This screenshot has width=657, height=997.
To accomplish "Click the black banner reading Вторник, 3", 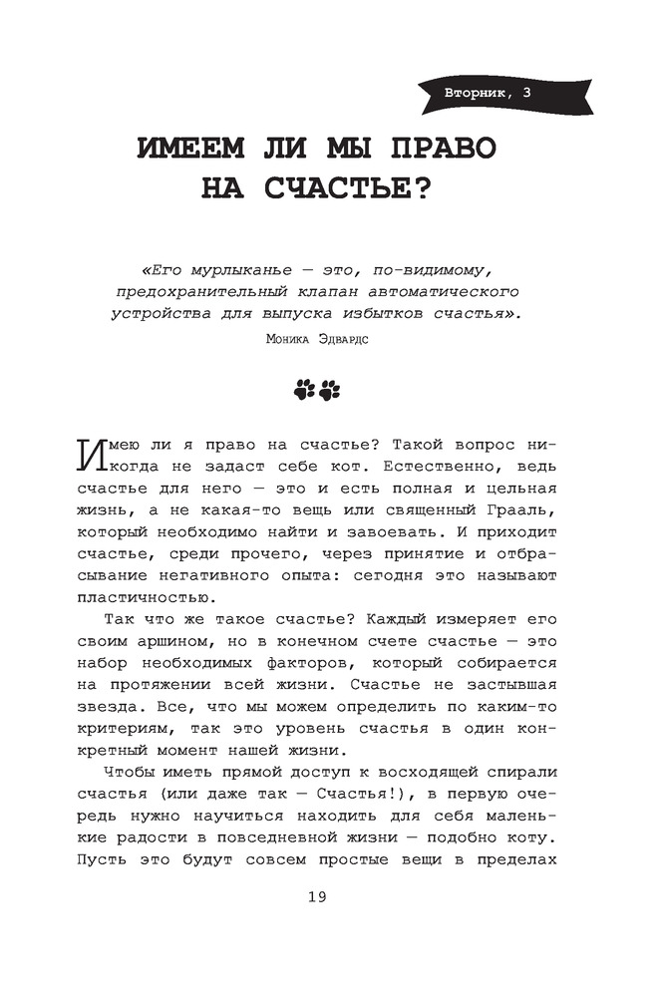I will pyautogui.click(x=488, y=95).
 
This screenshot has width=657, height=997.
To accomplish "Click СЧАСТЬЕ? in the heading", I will pyautogui.click(x=349, y=187).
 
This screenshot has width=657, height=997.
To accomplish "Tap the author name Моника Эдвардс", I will pyautogui.click(x=318, y=339).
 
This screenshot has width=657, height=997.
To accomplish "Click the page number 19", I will pyautogui.click(x=317, y=896).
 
